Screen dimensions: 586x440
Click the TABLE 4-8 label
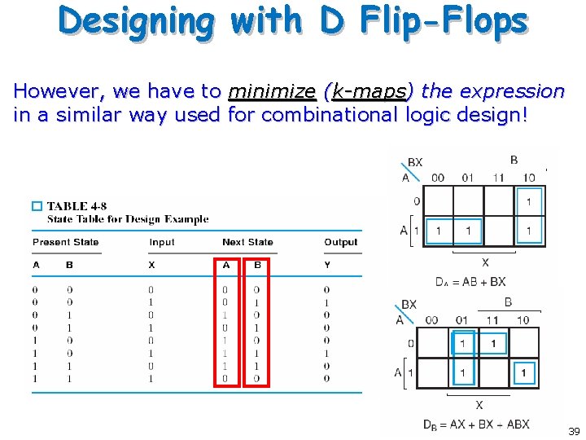click(x=77, y=207)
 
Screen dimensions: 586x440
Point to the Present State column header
click(x=65, y=242)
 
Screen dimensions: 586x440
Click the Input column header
click(x=162, y=242)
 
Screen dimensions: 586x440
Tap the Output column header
click(x=340, y=242)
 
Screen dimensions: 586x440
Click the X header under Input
click(x=151, y=265)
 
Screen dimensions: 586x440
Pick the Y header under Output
click(x=326, y=265)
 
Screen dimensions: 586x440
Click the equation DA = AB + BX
click(x=470, y=282)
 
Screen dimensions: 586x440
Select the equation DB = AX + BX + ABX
click(x=476, y=425)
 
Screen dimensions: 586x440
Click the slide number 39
click(x=574, y=431)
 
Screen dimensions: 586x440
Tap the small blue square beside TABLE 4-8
click(x=37, y=207)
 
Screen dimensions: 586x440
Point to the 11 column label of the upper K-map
click(x=498, y=178)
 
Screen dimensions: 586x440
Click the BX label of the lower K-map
click(x=409, y=305)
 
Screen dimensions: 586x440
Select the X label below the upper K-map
click(x=485, y=262)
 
